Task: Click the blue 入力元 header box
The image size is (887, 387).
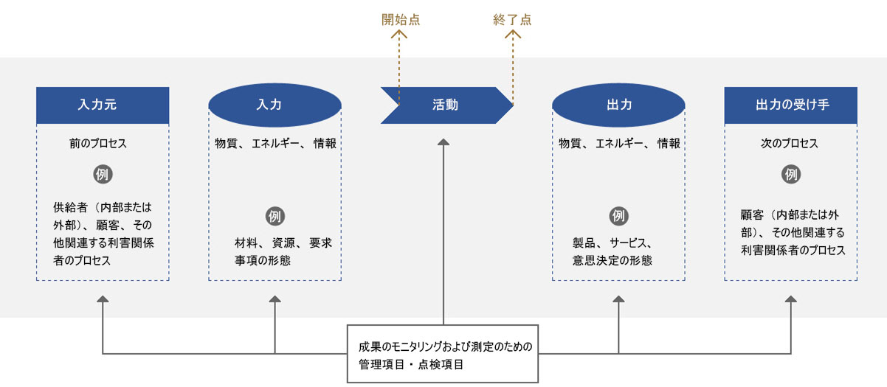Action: point(103,105)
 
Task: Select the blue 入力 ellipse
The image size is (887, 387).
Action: point(275,105)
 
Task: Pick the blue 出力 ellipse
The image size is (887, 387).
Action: point(618,105)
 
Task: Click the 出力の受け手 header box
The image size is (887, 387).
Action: point(790,105)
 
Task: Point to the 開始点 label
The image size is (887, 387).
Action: point(400,21)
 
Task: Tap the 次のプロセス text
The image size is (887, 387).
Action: point(790,144)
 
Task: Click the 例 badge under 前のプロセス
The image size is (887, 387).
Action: point(103,175)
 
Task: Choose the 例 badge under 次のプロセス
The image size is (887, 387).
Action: point(790,175)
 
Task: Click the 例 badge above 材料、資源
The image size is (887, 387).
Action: point(275,217)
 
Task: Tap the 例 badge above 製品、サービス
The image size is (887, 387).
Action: point(618,217)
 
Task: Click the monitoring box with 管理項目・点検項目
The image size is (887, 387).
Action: point(443,354)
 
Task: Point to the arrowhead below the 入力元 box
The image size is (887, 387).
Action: point(103,299)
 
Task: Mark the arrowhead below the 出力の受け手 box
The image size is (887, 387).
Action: point(790,299)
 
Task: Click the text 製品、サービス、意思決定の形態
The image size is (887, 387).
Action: point(612,251)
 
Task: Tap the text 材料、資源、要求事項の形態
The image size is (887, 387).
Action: point(279,251)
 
